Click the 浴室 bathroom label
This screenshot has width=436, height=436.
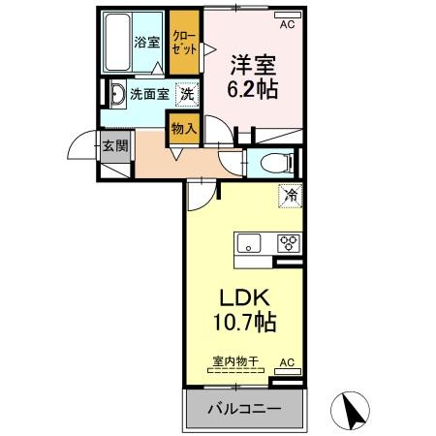145,42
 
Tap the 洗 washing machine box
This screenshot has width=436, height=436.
187,94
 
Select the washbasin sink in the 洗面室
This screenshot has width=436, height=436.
116,94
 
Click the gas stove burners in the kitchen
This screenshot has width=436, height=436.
288,243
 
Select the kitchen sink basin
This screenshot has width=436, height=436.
248,243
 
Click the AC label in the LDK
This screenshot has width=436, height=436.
286,361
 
